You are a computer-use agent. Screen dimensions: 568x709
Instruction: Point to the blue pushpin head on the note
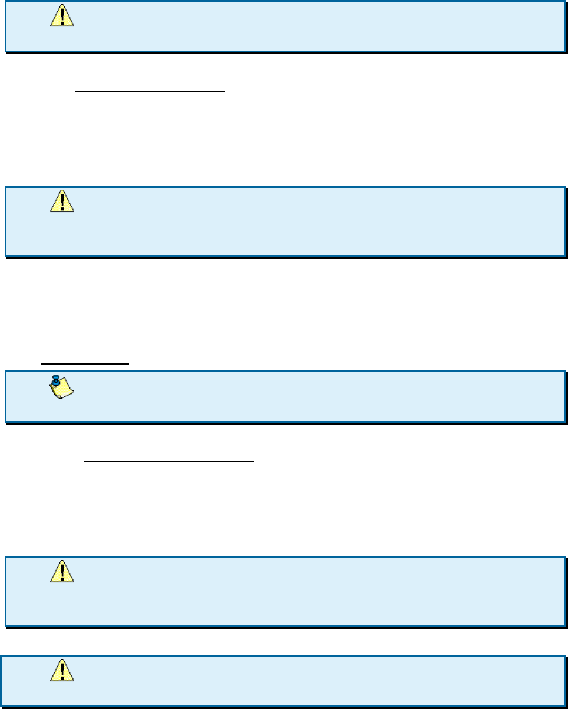click(x=56, y=380)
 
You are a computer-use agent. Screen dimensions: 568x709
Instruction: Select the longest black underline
click(x=169, y=462)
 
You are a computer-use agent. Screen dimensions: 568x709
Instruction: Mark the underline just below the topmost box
click(x=150, y=92)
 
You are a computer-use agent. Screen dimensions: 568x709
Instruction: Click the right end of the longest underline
click(x=254, y=462)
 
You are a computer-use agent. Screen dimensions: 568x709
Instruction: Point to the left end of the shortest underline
click(x=41, y=364)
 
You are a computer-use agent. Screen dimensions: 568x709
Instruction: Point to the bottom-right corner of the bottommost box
click(x=566, y=707)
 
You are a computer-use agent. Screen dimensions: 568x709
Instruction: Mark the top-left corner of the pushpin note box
click(x=6, y=372)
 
